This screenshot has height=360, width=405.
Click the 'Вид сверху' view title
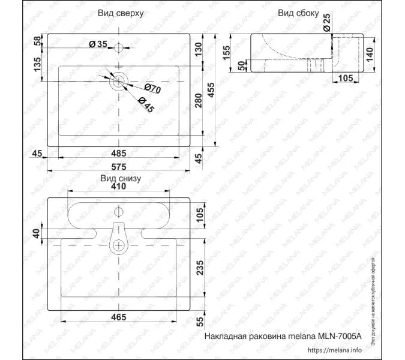click(120, 13)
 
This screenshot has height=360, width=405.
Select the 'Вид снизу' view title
click(120, 178)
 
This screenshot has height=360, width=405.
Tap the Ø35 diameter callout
click(97, 44)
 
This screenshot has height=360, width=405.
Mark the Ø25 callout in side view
click(326, 23)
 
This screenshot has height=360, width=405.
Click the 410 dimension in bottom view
click(119, 187)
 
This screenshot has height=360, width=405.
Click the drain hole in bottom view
click(119, 244)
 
